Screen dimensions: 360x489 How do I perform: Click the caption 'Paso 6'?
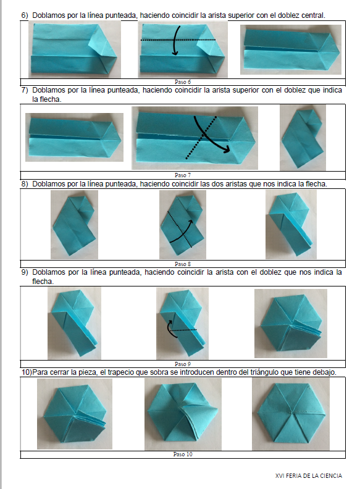click(x=183, y=82)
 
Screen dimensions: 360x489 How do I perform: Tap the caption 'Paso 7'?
click(x=183, y=175)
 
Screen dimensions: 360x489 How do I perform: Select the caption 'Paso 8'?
click(x=183, y=264)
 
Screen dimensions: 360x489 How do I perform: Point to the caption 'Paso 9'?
click(x=183, y=364)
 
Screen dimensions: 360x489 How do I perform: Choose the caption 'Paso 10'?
click(x=183, y=454)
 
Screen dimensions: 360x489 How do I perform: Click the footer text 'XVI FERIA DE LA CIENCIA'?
click(x=309, y=476)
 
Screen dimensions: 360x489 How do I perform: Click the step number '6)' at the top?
click(x=25, y=15)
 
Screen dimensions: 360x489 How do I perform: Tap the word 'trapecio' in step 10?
click(x=119, y=372)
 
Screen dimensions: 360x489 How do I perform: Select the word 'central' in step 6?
click(x=313, y=15)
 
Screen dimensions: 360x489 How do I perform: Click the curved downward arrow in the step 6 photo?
click(x=175, y=41)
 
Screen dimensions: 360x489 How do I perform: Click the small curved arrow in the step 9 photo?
click(x=169, y=330)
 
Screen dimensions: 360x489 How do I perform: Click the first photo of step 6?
click(x=75, y=50)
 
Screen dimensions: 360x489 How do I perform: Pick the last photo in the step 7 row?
click(x=303, y=138)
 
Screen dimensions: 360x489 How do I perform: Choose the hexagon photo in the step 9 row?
click(x=291, y=324)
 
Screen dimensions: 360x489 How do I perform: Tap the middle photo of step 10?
click(x=183, y=414)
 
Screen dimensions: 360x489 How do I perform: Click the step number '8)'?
click(x=25, y=184)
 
